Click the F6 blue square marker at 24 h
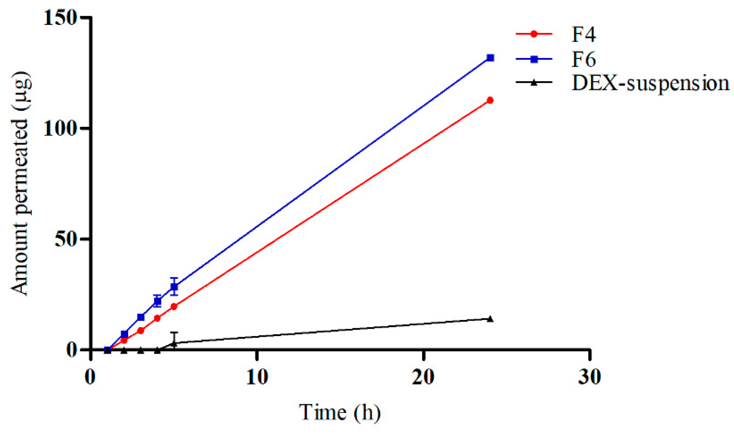(490, 58)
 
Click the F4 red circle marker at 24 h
(490, 100)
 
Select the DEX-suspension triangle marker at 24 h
(490, 319)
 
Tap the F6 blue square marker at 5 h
(174, 287)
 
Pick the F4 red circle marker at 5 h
(174, 306)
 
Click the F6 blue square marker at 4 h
(157, 301)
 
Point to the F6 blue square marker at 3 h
(141, 317)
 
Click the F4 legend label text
(584, 34)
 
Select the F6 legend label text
(584, 59)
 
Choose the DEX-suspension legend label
(650, 83)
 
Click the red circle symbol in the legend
(534, 34)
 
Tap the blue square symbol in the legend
(534, 59)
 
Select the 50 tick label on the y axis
(66, 239)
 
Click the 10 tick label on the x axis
(257, 377)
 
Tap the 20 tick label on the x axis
(423, 377)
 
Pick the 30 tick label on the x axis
(590, 377)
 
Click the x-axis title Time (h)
(340, 412)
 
